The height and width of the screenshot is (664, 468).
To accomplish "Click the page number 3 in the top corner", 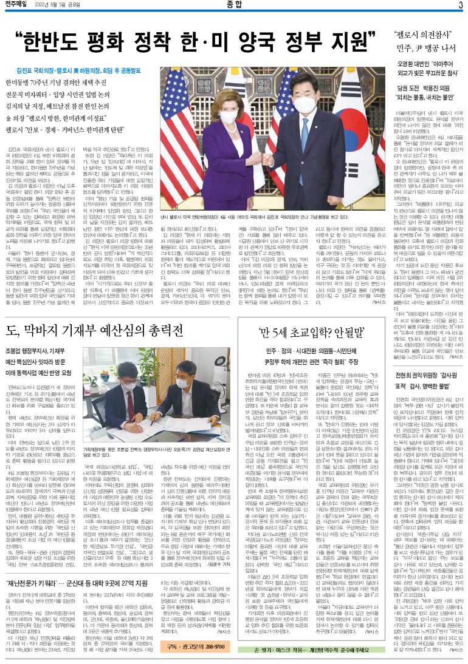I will (460, 5).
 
